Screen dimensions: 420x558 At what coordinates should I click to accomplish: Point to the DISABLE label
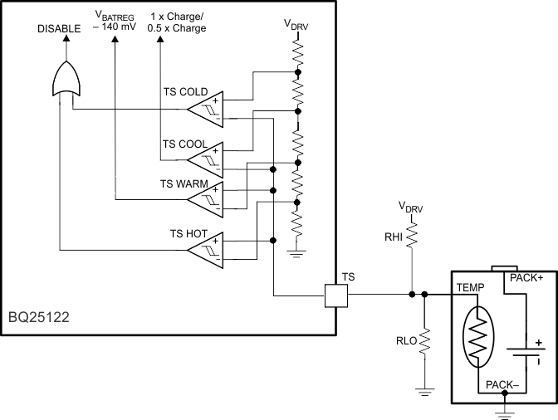tap(59, 28)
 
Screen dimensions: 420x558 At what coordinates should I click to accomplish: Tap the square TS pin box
tap(336, 294)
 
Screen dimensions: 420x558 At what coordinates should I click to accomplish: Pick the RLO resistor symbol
tap(424, 341)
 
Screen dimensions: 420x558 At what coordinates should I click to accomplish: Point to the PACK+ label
tap(526, 279)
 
